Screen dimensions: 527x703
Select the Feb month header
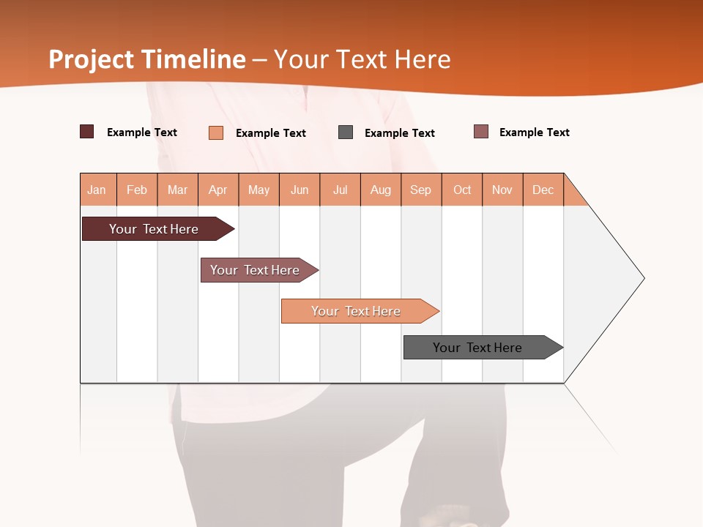(x=137, y=190)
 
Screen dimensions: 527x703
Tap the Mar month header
(x=177, y=190)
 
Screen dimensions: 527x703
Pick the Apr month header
(x=218, y=190)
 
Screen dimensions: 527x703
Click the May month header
(x=258, y=190)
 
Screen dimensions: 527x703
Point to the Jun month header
(x=300, y=190)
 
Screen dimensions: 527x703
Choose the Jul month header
(x=340, y=190)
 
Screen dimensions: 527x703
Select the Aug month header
(x=381, y=190)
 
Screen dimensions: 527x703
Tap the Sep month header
(x=421, y=190)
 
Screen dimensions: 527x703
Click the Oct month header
(x=462, y=190)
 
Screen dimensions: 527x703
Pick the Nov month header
(x=502, y=190)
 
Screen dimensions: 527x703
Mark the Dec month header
(x=543, y=190)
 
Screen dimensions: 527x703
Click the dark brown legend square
(x=87, y=132)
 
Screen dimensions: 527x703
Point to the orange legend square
(x=216, y=132)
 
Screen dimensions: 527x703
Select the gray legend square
(x=346, y=132)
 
